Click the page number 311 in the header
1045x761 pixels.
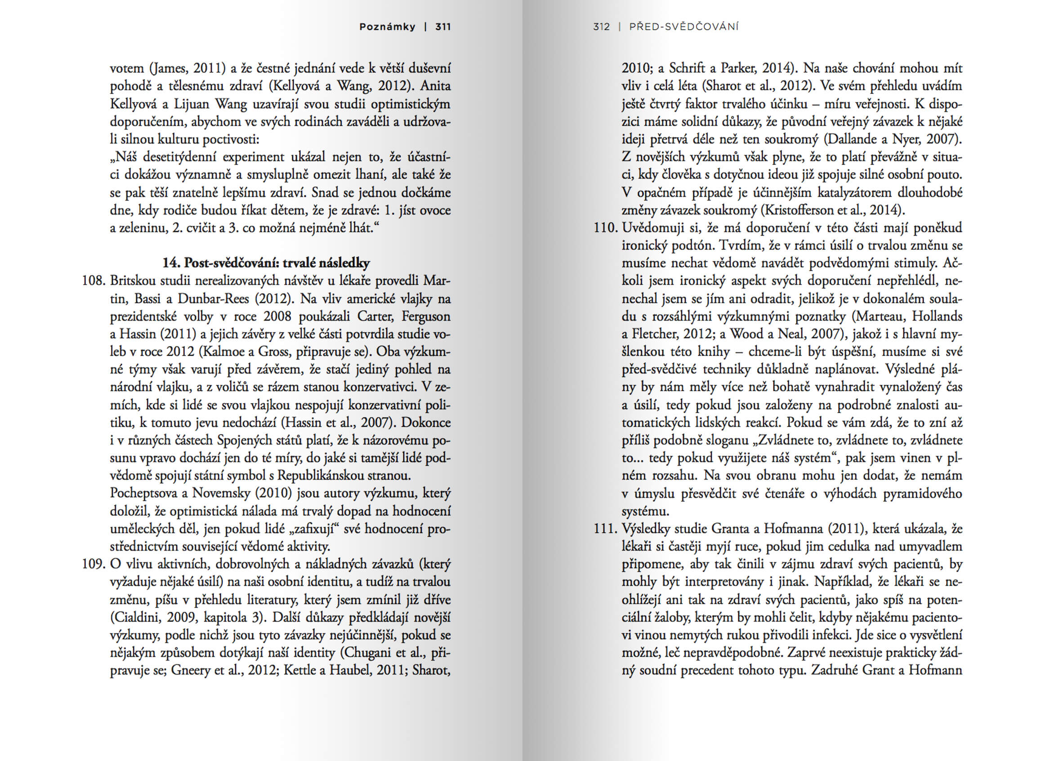[443, 27]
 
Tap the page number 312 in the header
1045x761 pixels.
[601, 27]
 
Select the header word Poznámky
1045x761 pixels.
[387, 27]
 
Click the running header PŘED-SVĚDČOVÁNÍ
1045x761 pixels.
[684, 27]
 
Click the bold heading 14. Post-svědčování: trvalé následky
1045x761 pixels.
[266, 263]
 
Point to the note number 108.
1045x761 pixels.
[94, 281]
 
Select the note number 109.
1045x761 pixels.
[94, 564]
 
